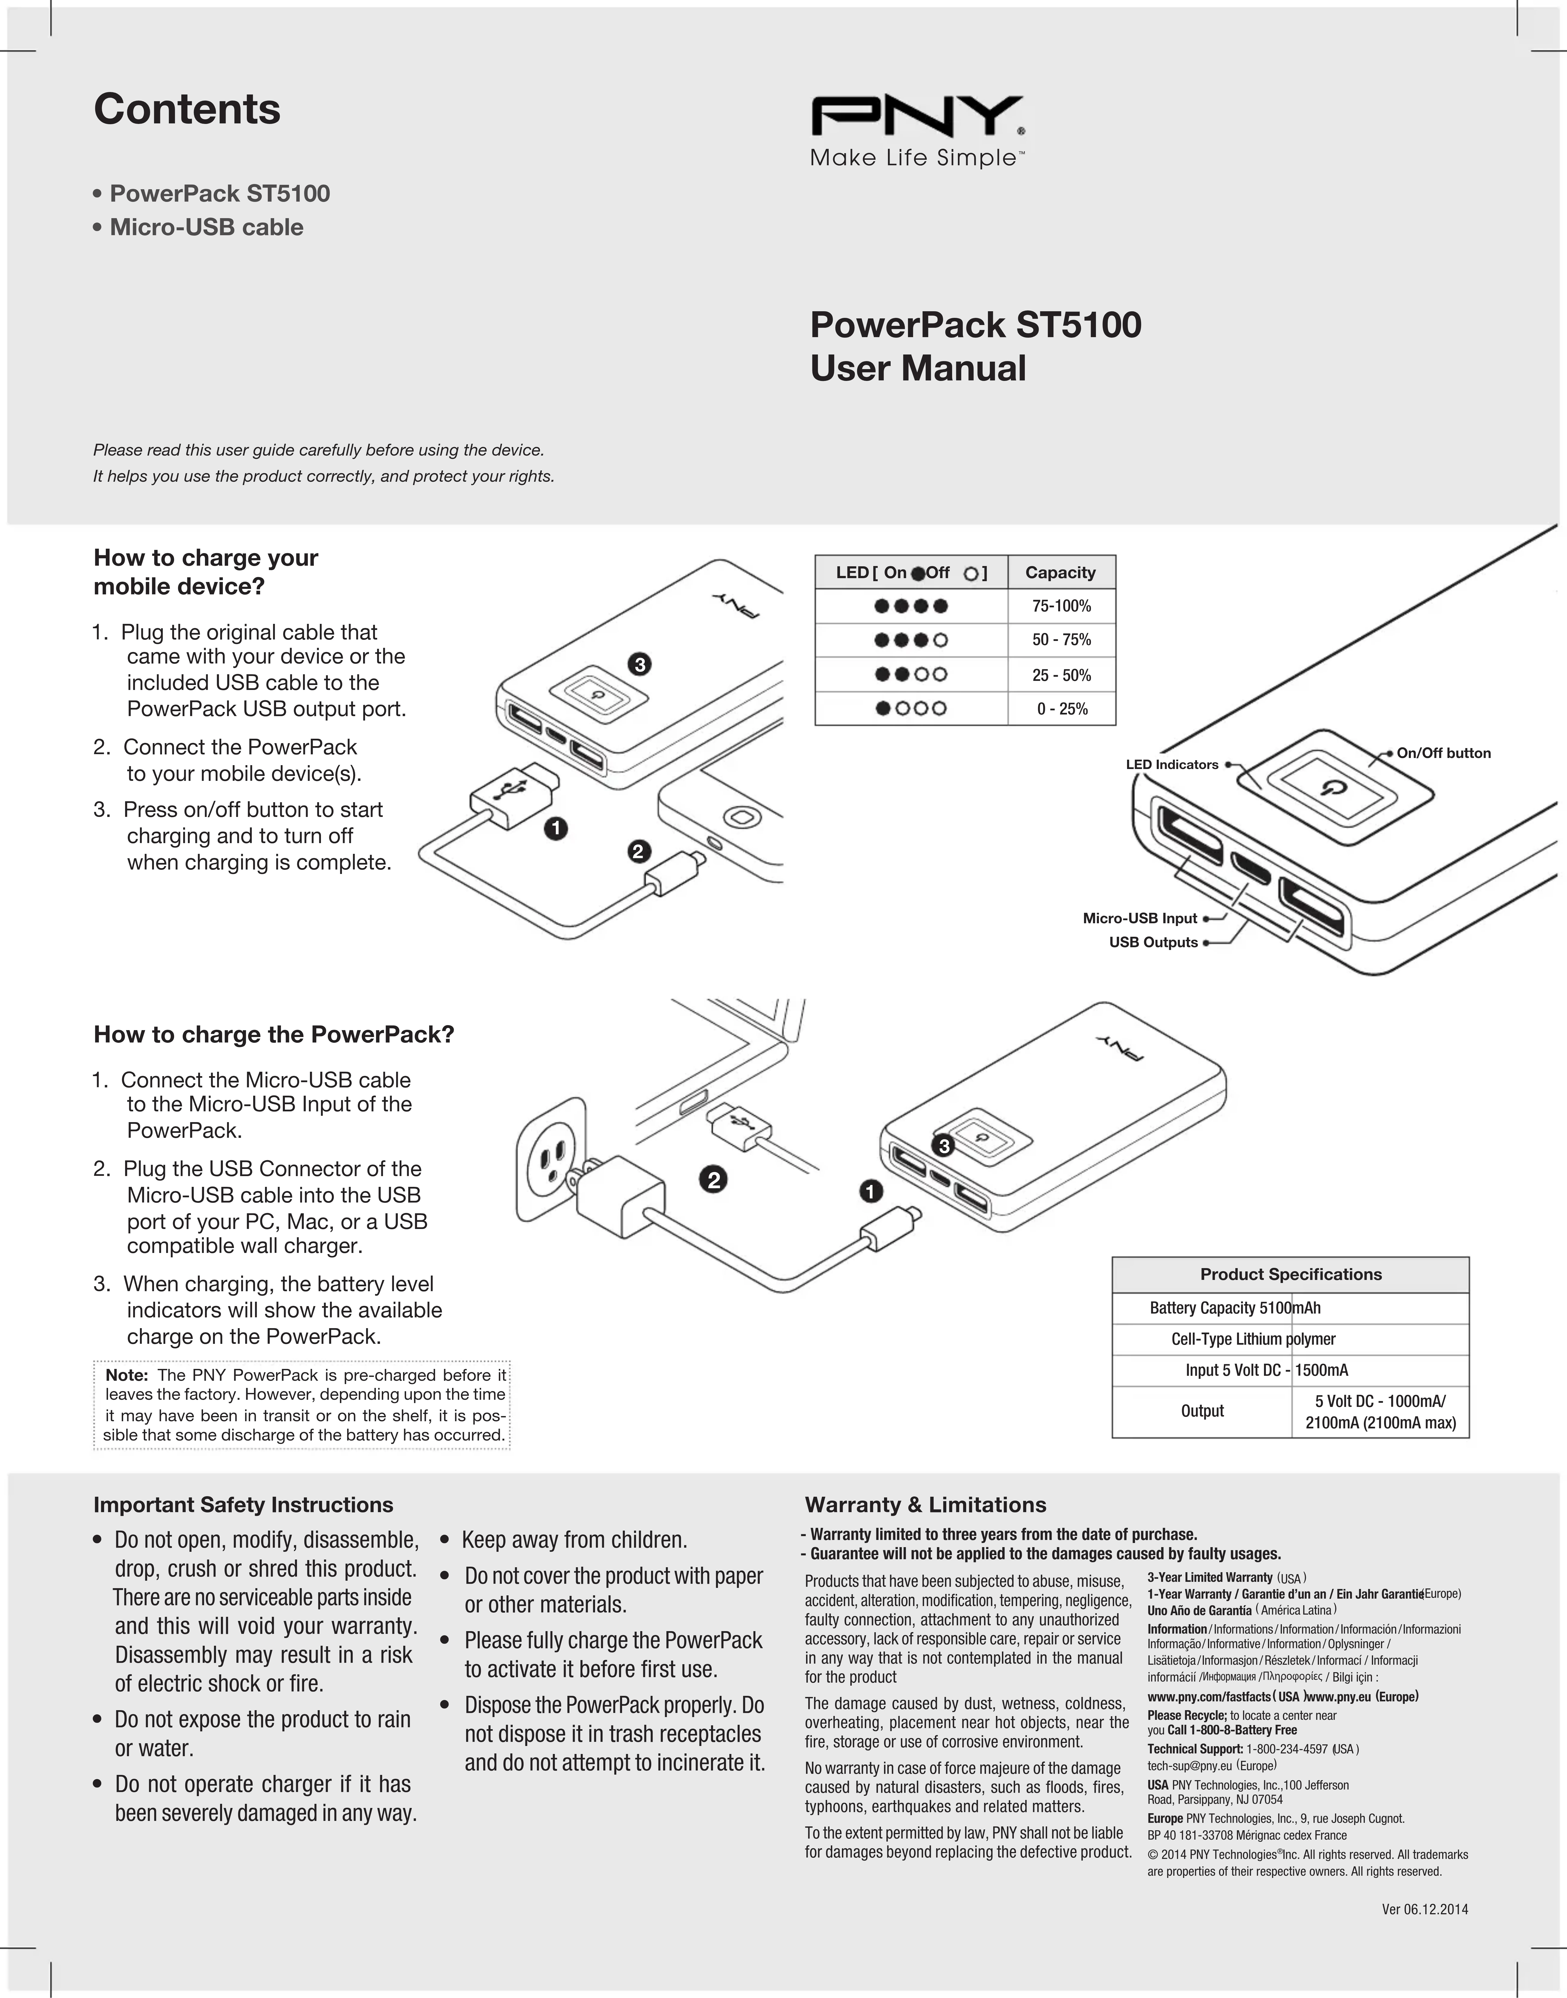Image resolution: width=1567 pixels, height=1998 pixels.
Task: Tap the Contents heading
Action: [x=187, y=109]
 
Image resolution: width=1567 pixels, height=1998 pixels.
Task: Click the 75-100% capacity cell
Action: [x=1061, y=607]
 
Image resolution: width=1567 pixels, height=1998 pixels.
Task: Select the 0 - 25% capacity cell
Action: [x=1061, y=709]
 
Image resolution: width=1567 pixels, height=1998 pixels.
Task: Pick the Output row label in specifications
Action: [x=1202, y=1411]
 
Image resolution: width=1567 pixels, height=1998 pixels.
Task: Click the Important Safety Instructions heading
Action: [x=243, y=1504]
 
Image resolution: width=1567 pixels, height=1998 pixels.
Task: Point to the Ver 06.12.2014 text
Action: [x=1425, y=1910]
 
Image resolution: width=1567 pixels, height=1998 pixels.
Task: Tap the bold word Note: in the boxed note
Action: [x=127, y=1375]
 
